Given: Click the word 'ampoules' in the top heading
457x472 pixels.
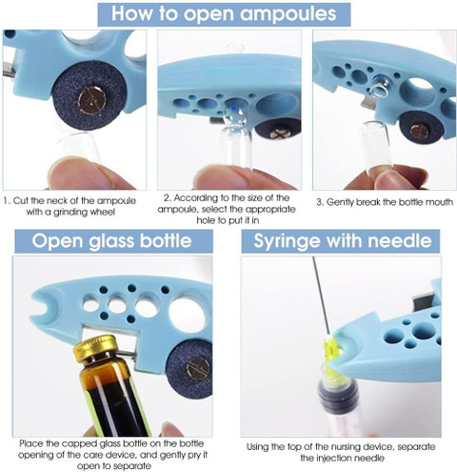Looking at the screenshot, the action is tap(288, 14).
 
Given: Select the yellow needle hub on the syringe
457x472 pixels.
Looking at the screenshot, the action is tap(332, 353).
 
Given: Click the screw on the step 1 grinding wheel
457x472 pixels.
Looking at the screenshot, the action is tap(91, 101).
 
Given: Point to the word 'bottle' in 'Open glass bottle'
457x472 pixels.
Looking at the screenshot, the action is tap(166, 240).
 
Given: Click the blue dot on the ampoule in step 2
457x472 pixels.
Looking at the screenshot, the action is tap(234, 109).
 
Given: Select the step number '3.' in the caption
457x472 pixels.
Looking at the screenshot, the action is tap(320, 202).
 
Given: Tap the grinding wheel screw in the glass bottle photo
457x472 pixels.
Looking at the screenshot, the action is tap(198, 368).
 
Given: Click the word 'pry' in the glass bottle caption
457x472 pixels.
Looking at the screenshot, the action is tap(195, 455).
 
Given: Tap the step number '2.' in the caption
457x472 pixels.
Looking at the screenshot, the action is tap(168, 198).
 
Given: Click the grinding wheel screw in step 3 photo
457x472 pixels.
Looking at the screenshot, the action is tap(419, 132).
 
